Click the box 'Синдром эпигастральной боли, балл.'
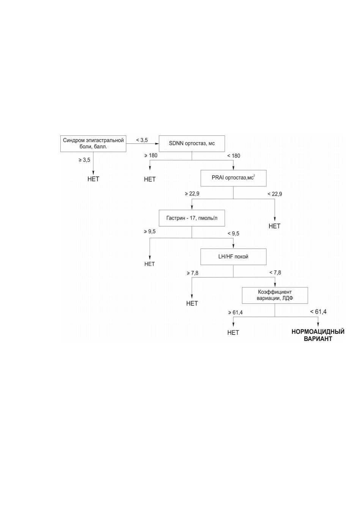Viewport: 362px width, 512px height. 93,143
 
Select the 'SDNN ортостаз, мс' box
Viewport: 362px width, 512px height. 192,143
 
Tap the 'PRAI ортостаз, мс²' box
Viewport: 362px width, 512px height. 233,178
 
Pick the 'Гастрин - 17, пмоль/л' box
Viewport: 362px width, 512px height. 192,218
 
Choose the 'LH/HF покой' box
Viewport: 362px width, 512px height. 233,257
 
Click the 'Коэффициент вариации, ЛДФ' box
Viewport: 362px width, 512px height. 275,295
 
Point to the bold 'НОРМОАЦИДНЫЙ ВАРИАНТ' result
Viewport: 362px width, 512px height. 318,335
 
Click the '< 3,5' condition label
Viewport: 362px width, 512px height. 142,140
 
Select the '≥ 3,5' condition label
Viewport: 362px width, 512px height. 84,160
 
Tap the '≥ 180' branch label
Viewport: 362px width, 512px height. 151,155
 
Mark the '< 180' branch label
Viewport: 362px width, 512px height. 233,156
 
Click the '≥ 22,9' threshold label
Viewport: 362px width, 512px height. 192,193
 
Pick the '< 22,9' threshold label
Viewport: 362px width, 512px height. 275,194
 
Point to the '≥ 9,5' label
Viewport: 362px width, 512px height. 150,232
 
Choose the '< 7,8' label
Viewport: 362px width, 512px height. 275,272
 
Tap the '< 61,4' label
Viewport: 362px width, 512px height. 318,312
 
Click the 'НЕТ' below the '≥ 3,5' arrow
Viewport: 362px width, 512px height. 93,179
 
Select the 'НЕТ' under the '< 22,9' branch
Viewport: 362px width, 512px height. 274,226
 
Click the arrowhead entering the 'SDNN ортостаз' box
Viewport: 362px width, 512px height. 157,144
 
